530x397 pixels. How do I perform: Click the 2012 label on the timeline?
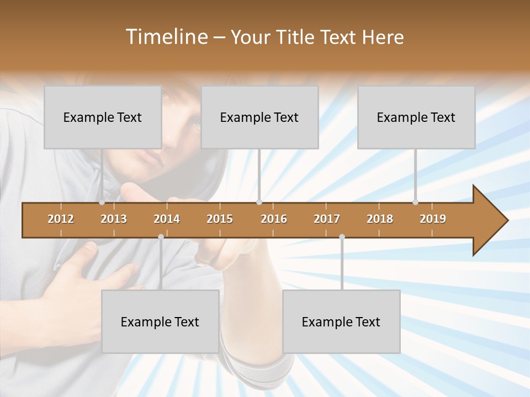click(x=61, y=219)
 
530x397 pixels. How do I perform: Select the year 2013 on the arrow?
click(x=114, y=219)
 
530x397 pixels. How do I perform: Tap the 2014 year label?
click(x=167, y=219)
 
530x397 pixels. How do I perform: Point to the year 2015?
click(x=220, y=219)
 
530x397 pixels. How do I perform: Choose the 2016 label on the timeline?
click(x=274, y=219)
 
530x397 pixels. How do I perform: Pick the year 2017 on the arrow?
click(x=327, y=219)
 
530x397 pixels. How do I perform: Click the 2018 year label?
click(x=380, y=219)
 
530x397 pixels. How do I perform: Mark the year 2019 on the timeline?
click(x=433, y=219)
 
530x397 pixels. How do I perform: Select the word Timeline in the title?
click(x=166, y=37)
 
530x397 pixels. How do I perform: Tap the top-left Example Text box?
click(x=103, y=117)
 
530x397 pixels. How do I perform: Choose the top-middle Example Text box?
click(x=259, y=117)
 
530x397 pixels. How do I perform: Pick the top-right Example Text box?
click(x=416, y=117)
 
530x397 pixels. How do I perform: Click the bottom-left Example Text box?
click(x=160, y=321)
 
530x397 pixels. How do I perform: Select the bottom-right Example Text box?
click(x=341, y=321)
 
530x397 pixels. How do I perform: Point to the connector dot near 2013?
click(x=102, y=202)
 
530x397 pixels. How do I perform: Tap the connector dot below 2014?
click(x=161, y=237)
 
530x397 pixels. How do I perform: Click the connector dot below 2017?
click(x=342, y=237)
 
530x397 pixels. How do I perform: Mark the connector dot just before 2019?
click(x=416, y=202)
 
